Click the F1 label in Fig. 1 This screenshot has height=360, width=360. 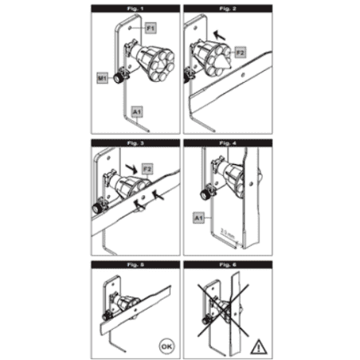(149, 28)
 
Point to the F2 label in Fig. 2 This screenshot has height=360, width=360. (241, 52)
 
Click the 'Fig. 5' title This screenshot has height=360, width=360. (133, 263)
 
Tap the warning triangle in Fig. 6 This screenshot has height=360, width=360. (256, 346)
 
